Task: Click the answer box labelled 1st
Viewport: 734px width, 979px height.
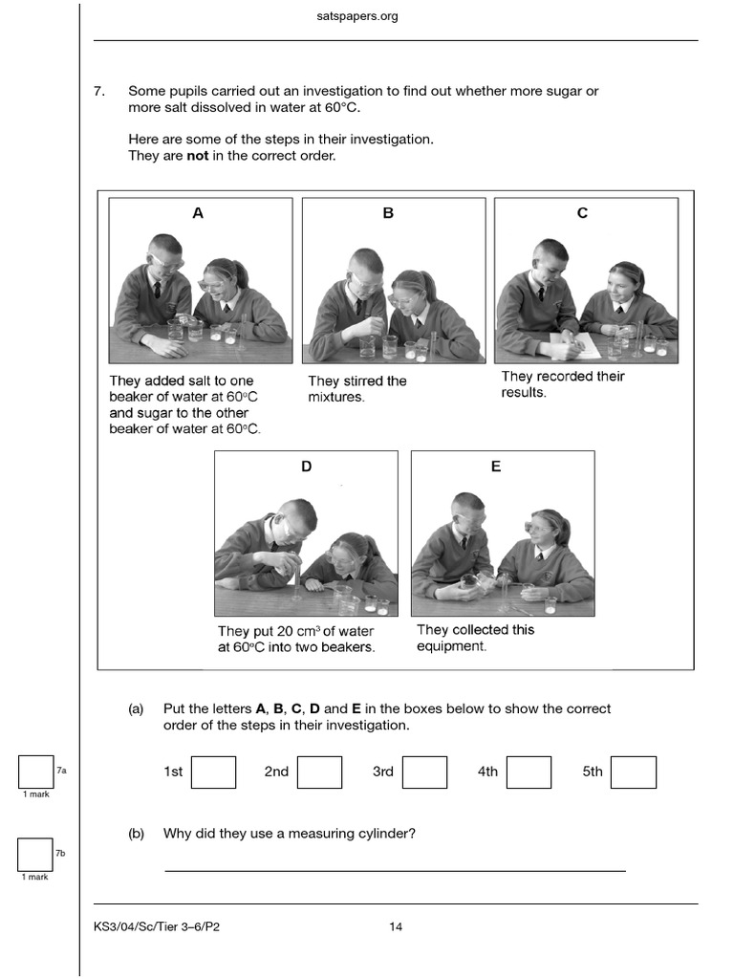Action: coord(213,772)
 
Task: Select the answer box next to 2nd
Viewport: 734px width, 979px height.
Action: coord(319,772)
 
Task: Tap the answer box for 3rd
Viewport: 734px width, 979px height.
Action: coord(424,772)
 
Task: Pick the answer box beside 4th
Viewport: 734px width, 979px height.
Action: coord(529,772)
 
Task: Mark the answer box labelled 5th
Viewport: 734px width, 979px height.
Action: coord(633,772)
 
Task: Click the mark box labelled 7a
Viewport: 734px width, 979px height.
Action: coord(35,772)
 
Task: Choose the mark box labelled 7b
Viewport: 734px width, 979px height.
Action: coord(35,854)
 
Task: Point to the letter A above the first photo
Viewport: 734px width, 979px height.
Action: coord(198,213)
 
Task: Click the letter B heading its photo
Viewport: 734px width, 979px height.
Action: coord(388,213)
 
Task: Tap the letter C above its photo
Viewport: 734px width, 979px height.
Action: coord(582,213)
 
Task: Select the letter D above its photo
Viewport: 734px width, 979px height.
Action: coord(306,467)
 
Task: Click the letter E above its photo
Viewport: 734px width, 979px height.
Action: coord(495,467)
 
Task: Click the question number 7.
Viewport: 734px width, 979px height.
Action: coord(98,92)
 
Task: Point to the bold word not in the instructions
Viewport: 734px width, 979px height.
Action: coord(197,155)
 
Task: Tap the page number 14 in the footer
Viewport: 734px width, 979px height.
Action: coord(396,926)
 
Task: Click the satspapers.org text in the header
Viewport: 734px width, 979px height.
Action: coord(356,16)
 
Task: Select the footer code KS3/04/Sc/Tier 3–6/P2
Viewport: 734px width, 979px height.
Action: coord(158,926)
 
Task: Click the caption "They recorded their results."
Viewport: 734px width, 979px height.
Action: coord(562,384)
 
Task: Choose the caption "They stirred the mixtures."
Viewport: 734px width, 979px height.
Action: coord(356,388)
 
